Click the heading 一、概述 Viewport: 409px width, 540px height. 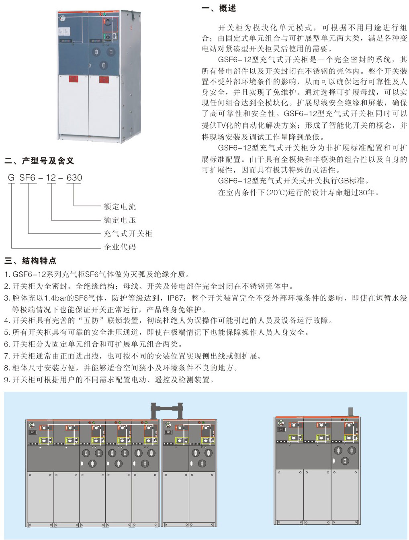tap(219, 8)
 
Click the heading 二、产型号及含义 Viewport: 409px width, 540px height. tap(39, 161)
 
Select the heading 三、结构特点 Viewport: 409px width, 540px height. tap(31, 261)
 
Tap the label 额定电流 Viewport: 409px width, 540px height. tap(120, 207)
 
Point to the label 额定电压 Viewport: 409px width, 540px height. tap(120, 220)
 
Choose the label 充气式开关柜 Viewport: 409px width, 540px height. tap(128, 234)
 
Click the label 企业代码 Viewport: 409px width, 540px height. tap(120, 247)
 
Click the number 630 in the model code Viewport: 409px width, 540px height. tap(74, 178)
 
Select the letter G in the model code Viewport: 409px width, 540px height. tap(11, 178)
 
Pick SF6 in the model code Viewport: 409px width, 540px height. tap(28, 178)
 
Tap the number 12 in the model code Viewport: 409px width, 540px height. tap(51, 178)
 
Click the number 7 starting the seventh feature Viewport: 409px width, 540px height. tap(6, 356)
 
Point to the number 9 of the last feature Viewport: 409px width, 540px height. tap(6, 380)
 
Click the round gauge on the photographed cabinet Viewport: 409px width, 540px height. tap(62, 18)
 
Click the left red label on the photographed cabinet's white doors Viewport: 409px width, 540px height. tap(73, 79)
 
